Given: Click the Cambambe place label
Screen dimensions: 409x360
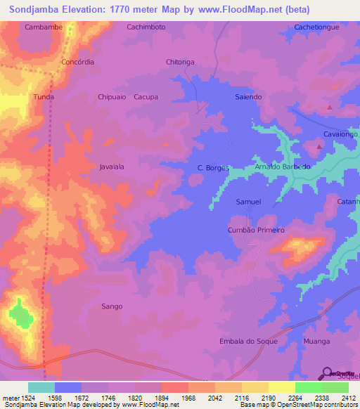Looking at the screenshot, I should (x=40, y=27).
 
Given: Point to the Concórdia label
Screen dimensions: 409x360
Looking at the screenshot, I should (x=78, y=62).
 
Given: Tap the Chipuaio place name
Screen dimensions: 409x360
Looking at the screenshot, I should (x=112, y=97).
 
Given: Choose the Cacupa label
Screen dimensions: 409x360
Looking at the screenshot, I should (x=146, y=97).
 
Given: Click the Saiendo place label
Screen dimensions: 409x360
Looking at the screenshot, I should (x=248, y=97).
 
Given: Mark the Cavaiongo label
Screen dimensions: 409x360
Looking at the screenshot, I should (x=341, y=134).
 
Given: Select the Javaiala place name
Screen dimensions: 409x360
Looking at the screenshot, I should (x=112, y=167).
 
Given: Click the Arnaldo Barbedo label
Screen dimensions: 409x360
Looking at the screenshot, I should (x=282, y=167).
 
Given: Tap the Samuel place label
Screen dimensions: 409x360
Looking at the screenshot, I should (x=248, y=202).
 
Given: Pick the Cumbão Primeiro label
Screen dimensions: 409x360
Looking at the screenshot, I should (x=256, y=230).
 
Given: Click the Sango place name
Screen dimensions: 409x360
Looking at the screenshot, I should (x=112, y=306).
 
